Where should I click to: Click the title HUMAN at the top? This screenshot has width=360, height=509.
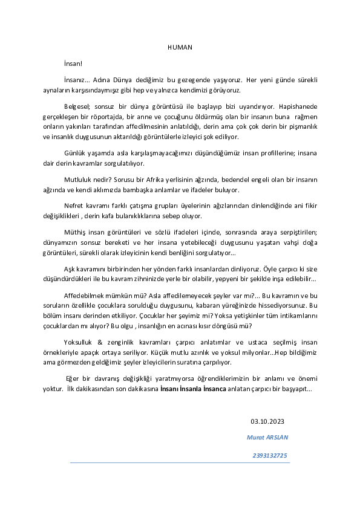pyautogui.click(x=180, y=47)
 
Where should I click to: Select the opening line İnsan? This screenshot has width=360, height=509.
pyautogui.click(x=73, y=63)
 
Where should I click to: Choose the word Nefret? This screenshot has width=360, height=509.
pyautogui.click(x=74, y=205)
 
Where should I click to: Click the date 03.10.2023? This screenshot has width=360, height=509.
pyautogui.click(x=267, y=421)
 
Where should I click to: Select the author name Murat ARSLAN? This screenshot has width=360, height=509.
pyautogui.click(x=267, y=437)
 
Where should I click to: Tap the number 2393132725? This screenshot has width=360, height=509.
pyautogui.click(x=270, y=455)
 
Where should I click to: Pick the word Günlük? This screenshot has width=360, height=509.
pyautogui.click(x=76, y=152)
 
